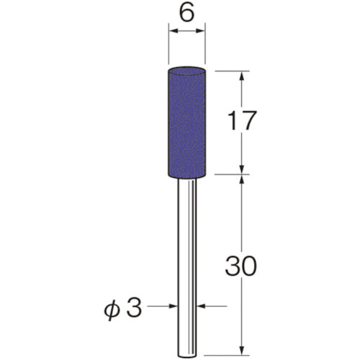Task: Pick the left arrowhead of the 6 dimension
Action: (x=172, y=32)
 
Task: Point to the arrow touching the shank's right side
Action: (x=202, y=306)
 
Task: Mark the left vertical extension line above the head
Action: (x=168, y=43)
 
